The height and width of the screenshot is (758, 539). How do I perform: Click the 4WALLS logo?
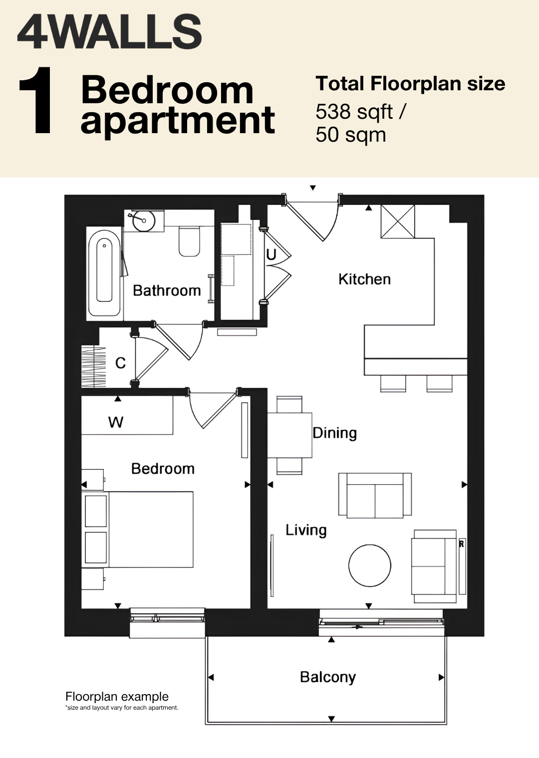coord(109,32)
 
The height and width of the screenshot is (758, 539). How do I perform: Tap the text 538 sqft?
coord(354,112)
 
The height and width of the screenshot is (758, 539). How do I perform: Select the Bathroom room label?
coord(167,291)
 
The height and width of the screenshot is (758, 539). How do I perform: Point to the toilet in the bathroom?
coord(189,241)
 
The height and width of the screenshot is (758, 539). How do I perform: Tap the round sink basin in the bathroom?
coord(144,220)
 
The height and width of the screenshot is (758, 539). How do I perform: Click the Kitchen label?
coord(365,279)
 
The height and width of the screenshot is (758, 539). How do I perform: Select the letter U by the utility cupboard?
coord(271,255)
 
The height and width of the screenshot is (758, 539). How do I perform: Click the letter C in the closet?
coord(121,363)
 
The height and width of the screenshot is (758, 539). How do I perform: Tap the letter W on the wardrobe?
coord(116,422)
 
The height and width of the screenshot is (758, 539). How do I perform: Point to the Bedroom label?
coord(163,469)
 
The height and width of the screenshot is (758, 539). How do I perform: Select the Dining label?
coord(334,433)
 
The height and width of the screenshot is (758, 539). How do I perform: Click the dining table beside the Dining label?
coord(290,435)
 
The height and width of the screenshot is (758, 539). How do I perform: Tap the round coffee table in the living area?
coord(370,566)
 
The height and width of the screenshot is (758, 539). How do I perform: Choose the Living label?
coord(306,530)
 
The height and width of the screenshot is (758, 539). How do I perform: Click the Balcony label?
coord(328,678)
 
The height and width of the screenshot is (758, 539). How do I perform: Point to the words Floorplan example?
coord(117,697)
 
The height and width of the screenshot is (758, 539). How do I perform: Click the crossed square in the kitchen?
coord(398,221)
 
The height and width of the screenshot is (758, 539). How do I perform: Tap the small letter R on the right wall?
coord(461,545)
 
